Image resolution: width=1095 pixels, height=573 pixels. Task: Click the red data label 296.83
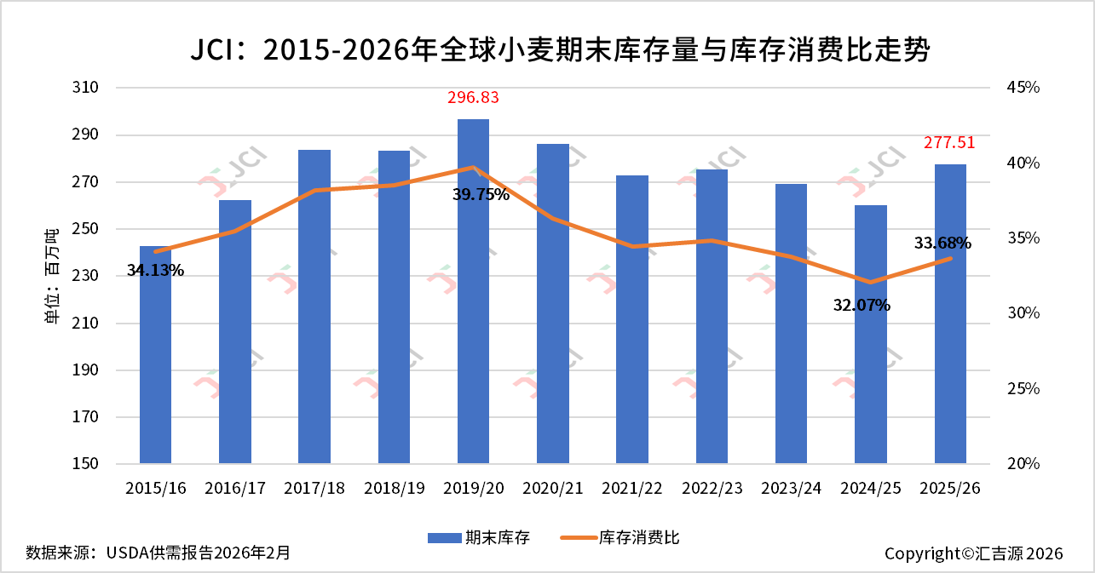point(473,98)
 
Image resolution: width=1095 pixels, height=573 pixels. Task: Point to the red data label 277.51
point(949,142)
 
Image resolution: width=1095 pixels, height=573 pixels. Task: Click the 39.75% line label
point(481,194)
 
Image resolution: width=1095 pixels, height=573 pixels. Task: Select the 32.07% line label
point(862,305)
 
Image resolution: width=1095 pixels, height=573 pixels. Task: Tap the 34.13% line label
point(155,271)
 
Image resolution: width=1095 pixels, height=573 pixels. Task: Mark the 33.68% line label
point(942,244)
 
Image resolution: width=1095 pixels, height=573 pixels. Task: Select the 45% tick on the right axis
point(1022,88)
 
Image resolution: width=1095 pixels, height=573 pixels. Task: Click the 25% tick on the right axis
point(1022,389)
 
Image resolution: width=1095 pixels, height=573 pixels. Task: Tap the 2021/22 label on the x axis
point(632,489)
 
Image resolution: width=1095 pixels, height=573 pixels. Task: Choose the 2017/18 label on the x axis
point(314,489)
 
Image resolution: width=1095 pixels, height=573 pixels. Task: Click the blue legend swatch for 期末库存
point(442,537)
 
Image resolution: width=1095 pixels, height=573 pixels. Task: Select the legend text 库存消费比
point(639,537)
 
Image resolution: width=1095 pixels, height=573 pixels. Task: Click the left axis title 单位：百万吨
point(53,276)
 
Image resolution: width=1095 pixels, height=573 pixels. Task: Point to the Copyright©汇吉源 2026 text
point(973,553)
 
